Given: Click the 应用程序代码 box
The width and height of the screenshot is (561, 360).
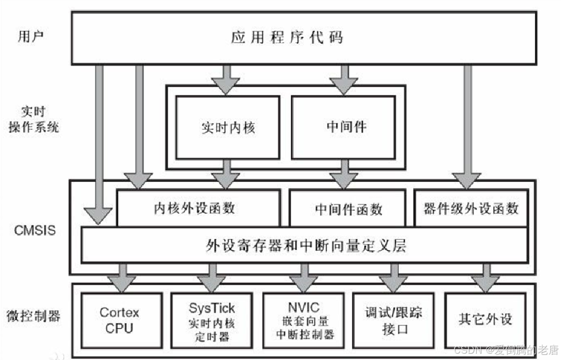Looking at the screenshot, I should point(303,38).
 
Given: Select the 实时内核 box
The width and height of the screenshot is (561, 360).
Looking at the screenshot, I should point(228,127).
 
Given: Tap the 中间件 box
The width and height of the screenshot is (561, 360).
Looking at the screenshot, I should point(343,127).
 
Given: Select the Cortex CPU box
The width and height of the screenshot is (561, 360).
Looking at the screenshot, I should point(119,320).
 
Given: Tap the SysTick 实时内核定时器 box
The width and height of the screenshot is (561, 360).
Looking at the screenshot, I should point(211,321).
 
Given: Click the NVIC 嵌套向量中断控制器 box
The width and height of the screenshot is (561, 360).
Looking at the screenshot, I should point(304,321).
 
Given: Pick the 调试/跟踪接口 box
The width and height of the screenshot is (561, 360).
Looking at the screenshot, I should point(393,321).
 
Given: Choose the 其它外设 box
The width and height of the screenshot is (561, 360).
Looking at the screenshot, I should point(485,320).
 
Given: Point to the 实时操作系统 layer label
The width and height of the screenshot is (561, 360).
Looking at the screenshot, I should point(34,120).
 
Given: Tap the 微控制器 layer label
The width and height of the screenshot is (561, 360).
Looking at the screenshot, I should point(34,316).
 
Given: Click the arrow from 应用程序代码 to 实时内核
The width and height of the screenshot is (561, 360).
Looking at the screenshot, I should point(228,78).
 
